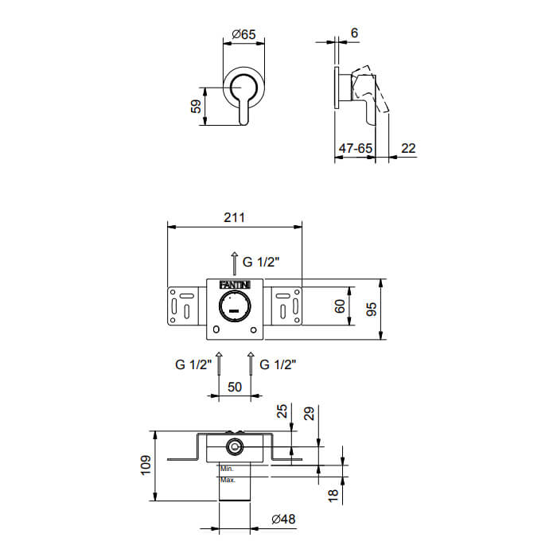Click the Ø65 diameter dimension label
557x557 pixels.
pyautogui.click(x=243, y=34)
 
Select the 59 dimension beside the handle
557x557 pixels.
pyautogui.click(x=196, y=106)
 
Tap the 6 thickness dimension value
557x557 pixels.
pyautogui.click(x=354, y=33)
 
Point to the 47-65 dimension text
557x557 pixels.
pyautogui.click(x=355, y=148)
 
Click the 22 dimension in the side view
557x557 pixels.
pyautogui.click(x=408, y=148)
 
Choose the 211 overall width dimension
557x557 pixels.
pyautogui.click(x=234, y=217)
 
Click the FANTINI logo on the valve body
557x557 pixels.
pyautogui.click(x=236, y=285)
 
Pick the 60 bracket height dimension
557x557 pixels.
pyautogui.click(x=340, y=306)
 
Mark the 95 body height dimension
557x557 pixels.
pyautogui.click(x=372, y=309)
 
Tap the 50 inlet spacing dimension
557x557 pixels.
pyautogui.click(x=235, y=387)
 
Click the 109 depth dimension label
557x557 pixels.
pyautogui.click(x=146, y=465)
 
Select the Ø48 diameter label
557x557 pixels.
pyautogui.click(x=283, y=519)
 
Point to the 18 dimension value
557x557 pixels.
pyautogui.click(x=333, y=496)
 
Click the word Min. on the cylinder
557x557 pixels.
pyautogui.click(x=227, y=469)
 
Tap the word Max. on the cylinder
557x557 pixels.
pyautogui.click(x=228, y=480)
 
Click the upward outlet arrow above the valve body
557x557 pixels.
pyautogui.click(x=235, y=263)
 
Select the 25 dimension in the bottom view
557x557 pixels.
pyautogui.click(x=282, y=411)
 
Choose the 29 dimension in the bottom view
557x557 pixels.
pyautogui.click(x=310, y=414)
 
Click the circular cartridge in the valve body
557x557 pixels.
pyautogui.click(x=235, y=306)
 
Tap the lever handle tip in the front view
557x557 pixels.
pyautogui.click(x=244, y=123)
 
